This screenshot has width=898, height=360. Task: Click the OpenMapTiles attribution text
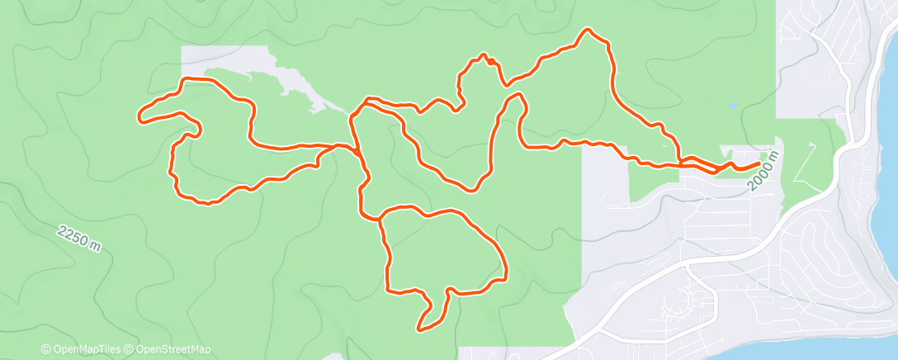click(x=81, y=349)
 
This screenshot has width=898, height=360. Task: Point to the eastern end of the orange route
click(x=758, y=163)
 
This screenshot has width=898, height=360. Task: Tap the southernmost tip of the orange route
click(x=420, y=329)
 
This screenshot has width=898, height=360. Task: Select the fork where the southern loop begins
click(x=380, y=219)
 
